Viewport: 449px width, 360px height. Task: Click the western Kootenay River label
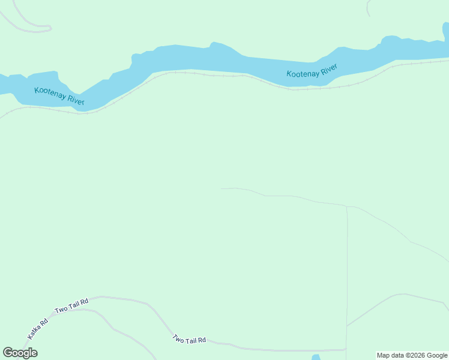pyautogui.click(x=59, y=96)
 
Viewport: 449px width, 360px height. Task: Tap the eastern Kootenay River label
pyautogui.click(x=312, y=71)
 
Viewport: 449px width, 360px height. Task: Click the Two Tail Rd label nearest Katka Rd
pyautogui.click(x=71, y=305)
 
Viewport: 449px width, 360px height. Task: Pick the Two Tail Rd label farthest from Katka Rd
pyautogui.click(x=190, y=339)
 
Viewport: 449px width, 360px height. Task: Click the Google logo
pyautogui.click(x=20, y=353)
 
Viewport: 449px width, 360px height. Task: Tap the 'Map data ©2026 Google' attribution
pyautogui.click(x=412, y=355)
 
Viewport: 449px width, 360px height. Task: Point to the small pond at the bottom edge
pyautogui.click(x=316, y=358)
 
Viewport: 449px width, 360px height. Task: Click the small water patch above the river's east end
pyautogui.click(x=445, y=28)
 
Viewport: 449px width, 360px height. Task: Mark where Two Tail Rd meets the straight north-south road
pyautogui.click(x=346, y=349)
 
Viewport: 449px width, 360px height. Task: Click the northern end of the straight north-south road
pyautogui.click(x=346, y=207)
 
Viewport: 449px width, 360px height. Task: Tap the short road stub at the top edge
pyautogui.click(x=368, y=7)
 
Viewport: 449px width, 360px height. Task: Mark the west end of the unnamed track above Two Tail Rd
pyautogui.click(x=222, y=188)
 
